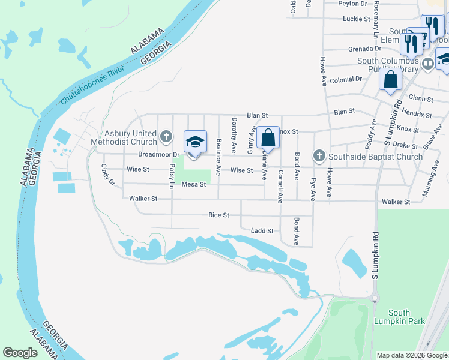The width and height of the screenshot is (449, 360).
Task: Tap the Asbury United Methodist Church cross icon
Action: tap(167, 137)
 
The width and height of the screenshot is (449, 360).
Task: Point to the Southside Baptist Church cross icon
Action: tap(319, 157)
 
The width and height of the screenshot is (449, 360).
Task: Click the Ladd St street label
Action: tap(262, 230)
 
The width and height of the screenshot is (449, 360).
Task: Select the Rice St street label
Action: tap(218, 215)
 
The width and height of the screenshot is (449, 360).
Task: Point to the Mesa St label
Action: tap(194, 184)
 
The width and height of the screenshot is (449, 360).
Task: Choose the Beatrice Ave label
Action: tap(218, 154)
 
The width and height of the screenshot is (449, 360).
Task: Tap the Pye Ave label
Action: tap(313, 188)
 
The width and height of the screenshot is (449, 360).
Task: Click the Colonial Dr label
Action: tap(346, 79)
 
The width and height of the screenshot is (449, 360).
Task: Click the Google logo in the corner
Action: tap(20, 353)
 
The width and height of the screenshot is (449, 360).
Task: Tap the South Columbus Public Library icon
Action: tap(428, 64)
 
